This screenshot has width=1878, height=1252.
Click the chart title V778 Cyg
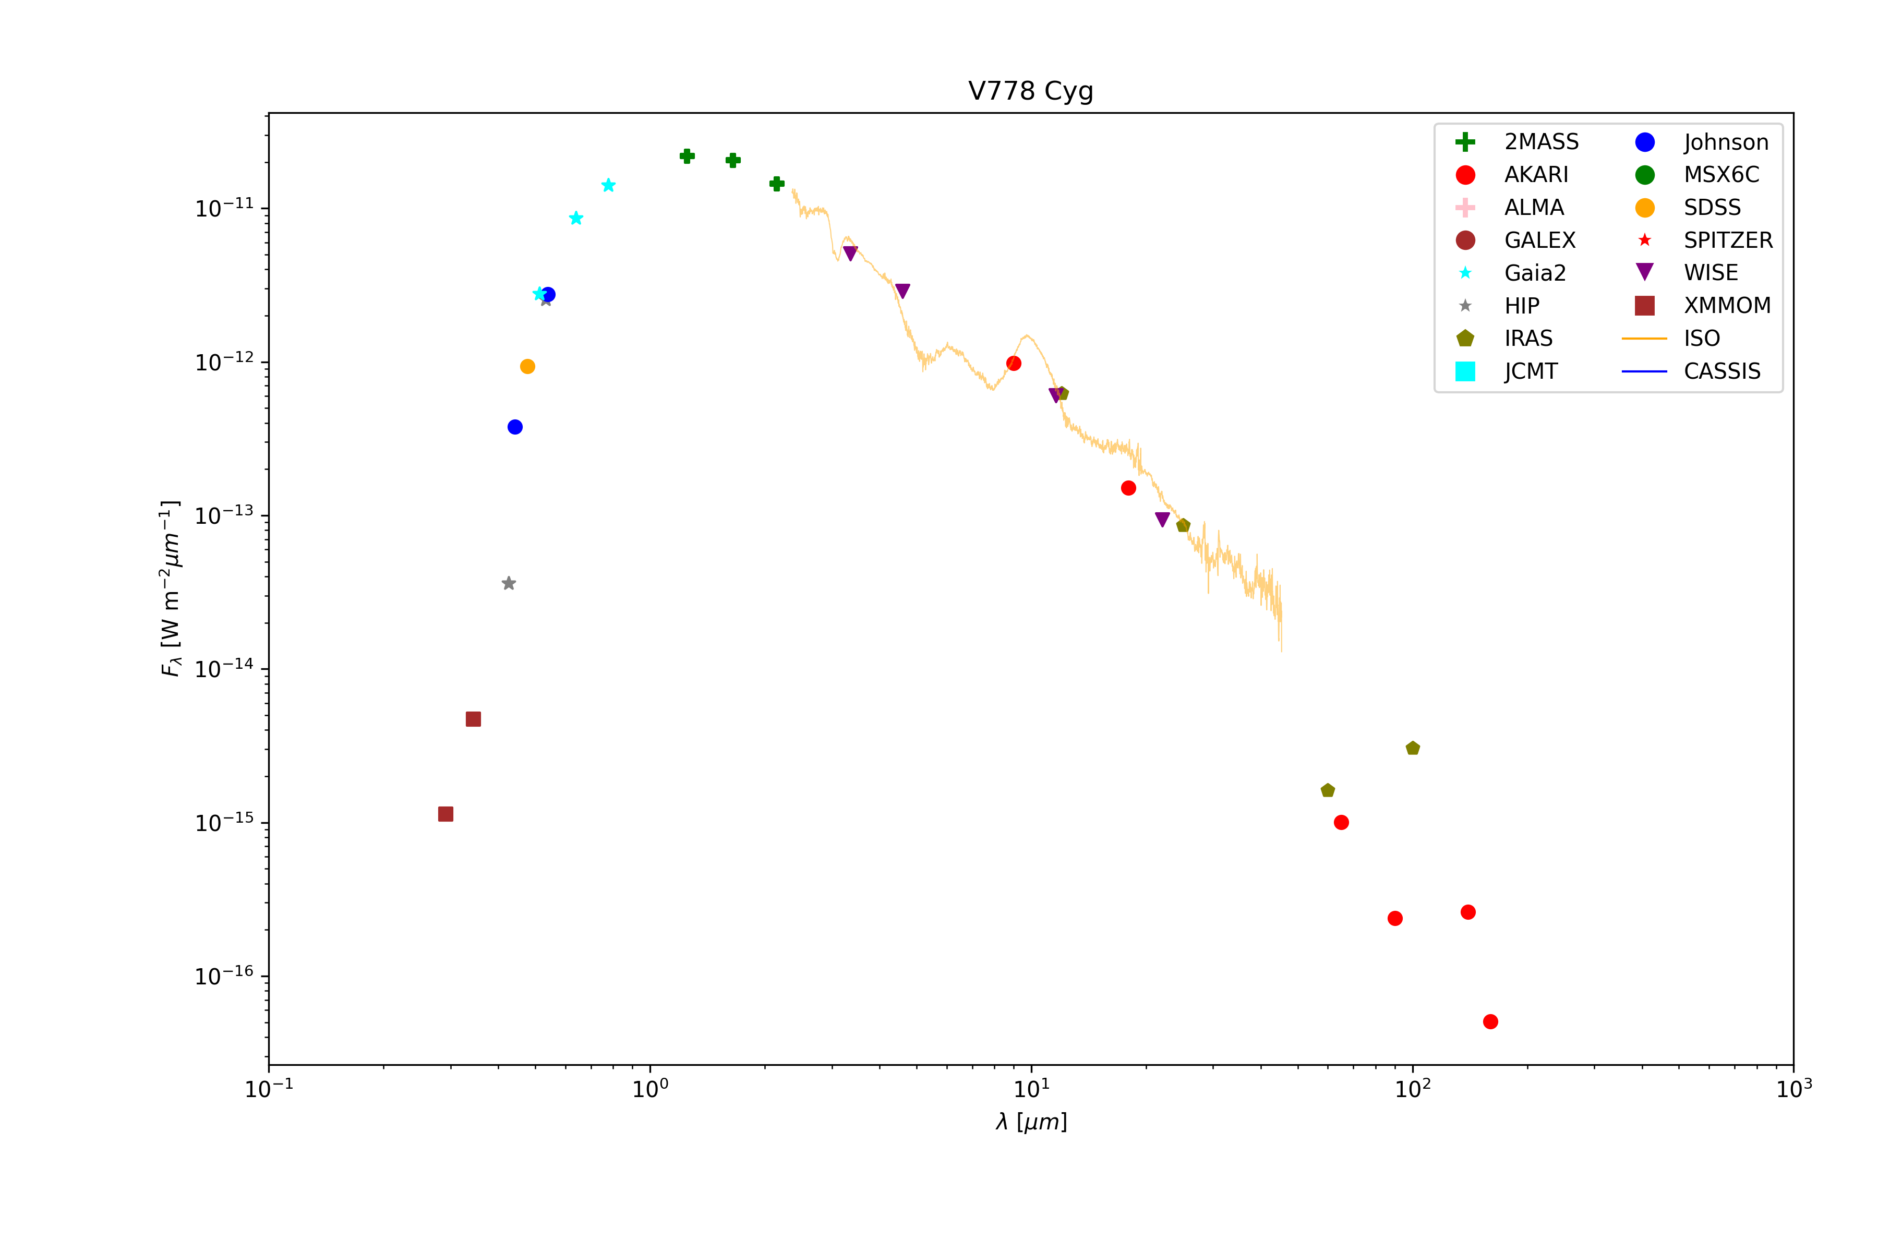click(x=1030, y=91)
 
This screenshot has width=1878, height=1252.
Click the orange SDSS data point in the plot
click(x=527, y=367)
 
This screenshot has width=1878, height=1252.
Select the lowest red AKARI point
click(x=1490, y=1021)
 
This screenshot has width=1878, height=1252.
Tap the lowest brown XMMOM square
click(x=446, y=814)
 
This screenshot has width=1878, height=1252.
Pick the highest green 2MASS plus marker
click(x=687, y=155)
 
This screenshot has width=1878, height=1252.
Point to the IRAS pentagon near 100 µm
click(x=1413, y=748)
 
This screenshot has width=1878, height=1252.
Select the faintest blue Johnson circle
click(x=515, y=427)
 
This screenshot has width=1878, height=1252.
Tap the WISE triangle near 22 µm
click(x=1163, y=520)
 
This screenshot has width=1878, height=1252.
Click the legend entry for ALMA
click(x=1533, y=208)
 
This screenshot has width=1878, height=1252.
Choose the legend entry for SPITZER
click(x=1727, y=240)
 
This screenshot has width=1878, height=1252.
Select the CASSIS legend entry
click(x=1721, y=371)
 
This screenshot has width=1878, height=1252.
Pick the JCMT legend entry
click(x=1530, y=371)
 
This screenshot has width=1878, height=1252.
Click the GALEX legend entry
click(x=1538, y=240)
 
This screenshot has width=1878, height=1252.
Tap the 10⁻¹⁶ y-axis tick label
click(x=224, y=976)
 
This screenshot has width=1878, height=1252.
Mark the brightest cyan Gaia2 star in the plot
click(x=608, y=185)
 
